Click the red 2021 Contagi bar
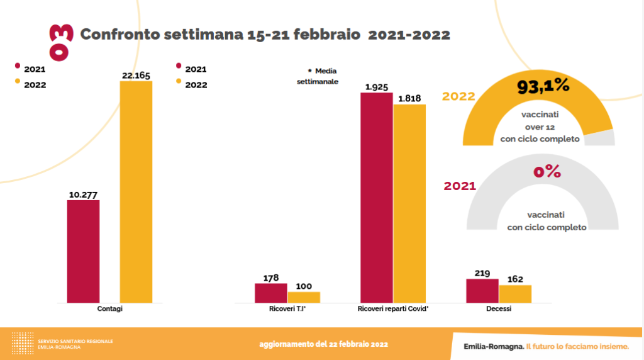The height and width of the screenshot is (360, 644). (83, 251)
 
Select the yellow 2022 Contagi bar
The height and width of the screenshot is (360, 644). (136, 191)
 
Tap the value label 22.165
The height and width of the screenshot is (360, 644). (136, 76)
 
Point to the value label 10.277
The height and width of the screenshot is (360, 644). (83, 194)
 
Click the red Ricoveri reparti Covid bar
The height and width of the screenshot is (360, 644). (376, 198)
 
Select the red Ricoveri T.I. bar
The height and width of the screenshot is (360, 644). (271, 293)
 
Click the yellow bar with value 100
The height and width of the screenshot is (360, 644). (304, 297)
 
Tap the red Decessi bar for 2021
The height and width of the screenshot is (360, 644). (482, 290)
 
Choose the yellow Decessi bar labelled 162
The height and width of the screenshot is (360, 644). (515, 293)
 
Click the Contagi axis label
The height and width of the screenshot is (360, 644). (110, 309)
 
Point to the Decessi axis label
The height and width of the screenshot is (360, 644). (499, 309)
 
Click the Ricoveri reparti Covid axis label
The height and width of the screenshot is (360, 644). (392, 309)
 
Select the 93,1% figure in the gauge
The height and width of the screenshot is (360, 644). (543, 87)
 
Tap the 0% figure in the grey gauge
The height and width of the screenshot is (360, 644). (547, 171)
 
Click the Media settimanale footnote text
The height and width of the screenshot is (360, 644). (318, 76)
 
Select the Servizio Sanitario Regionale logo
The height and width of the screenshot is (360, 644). (62, 344)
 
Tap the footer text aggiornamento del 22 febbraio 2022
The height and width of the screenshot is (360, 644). (323, 344)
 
